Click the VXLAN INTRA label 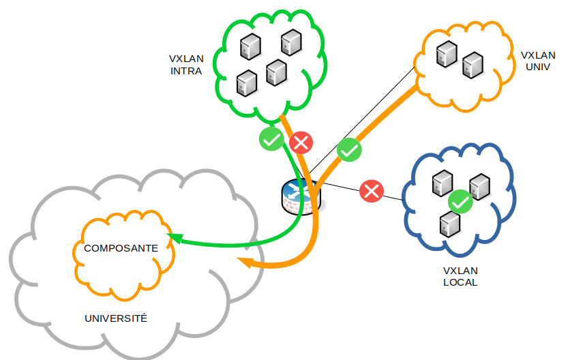click(186, 63)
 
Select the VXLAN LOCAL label click(460, 275)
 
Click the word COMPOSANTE click(121, 248)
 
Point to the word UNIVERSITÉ click(116, 318)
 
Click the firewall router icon click(300, 198)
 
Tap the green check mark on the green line click(271, 139)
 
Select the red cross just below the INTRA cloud click(301, 143)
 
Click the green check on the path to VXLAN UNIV click(349, 149)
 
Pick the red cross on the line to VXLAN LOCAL click(371, 190)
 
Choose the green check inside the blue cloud click(461, 202)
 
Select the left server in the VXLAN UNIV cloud click(447, 54)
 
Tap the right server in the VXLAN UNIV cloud click(472, 65)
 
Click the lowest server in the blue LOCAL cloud click(449, 224)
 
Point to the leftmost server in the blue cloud click(443, 181)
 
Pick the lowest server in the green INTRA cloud click(246, 83)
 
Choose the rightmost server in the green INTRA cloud click(291, 42)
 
